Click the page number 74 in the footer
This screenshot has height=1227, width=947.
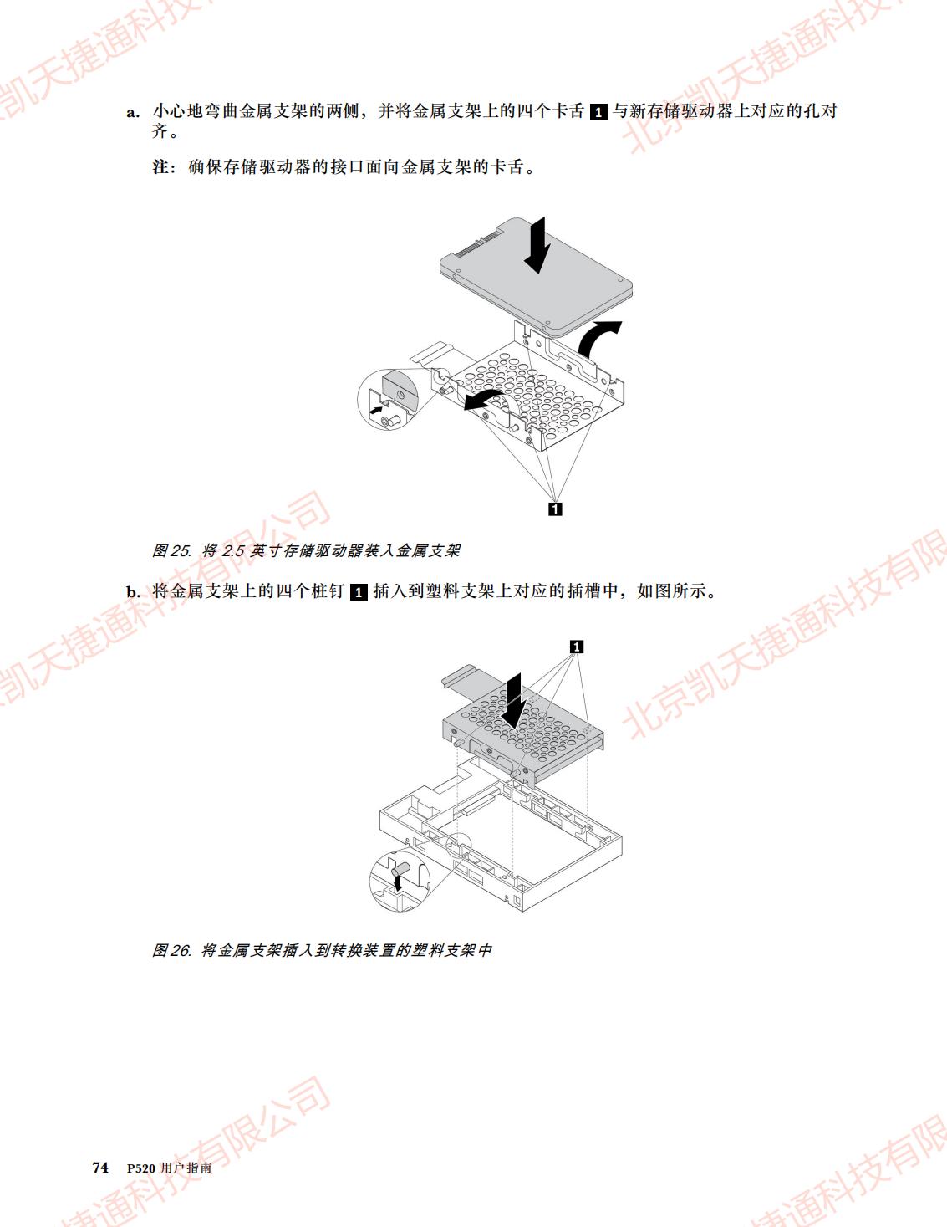tap(100, 1167)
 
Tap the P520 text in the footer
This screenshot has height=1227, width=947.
tap(140, 1168)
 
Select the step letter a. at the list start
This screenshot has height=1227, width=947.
tap(133, 112)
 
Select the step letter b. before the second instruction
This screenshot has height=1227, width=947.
tap(134, 592)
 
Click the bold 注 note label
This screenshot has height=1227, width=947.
tap(160, 166)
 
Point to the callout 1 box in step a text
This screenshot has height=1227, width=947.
tap(598, 112)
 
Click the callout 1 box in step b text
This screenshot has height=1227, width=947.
tap(359, 592)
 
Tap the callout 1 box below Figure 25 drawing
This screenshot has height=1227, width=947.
tap(555, 509)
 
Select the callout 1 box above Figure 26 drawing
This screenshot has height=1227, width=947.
tap(577, 647)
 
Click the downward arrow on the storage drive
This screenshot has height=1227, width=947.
tap(537, 245)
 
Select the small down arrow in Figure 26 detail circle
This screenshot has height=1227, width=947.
tap(399, 883)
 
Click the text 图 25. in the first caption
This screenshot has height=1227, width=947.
tap(172, 550)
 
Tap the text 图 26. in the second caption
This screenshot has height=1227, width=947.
tap(172, 951)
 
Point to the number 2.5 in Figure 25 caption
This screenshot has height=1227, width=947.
tap(233, 550)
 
